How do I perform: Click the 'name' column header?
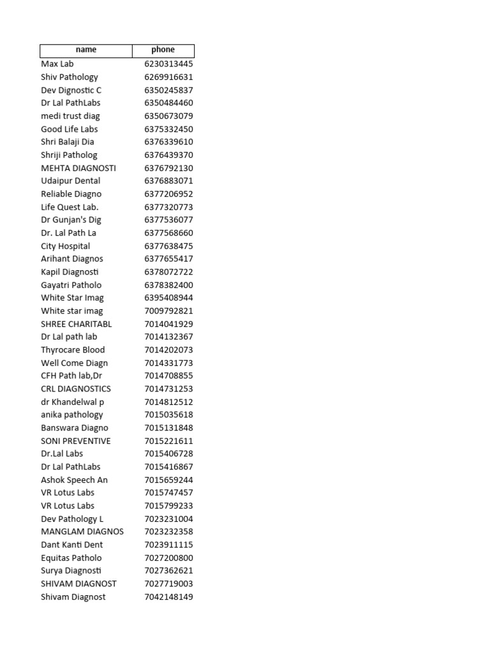[86, 50]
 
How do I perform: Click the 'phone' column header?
[163, 50]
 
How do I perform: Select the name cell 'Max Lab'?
[57, 64]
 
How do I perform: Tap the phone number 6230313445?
[168, 64]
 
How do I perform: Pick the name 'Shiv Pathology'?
[70, 77]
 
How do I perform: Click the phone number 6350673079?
[168, 116]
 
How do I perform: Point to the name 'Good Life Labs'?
[70, 129]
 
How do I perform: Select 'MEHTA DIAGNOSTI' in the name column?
[78, 168]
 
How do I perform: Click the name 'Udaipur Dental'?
[71, 181]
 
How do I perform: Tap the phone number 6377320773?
[168, 207]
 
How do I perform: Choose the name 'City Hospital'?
[66, 246]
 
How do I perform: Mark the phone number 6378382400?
[168, 285]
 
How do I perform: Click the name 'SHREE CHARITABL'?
[77, 324]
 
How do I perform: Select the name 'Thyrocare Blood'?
[73, 350]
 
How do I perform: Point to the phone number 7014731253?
[168, 389]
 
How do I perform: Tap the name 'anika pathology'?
[72, 414]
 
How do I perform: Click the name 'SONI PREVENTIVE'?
[76, 441]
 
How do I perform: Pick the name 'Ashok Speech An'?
[75, 480]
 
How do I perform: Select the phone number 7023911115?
[168, 545]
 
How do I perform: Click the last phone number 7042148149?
[168, 597]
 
